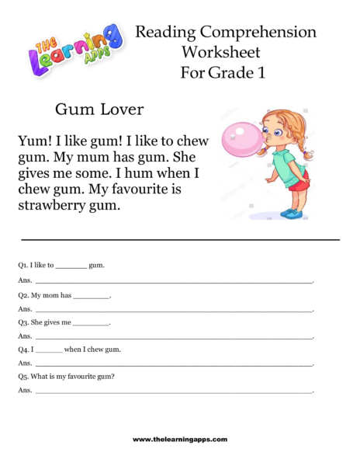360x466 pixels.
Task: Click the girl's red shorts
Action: [x=298, y=185]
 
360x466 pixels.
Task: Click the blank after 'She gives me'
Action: [x=92, y=323]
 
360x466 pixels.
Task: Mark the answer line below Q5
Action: [x=174, y=391]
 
